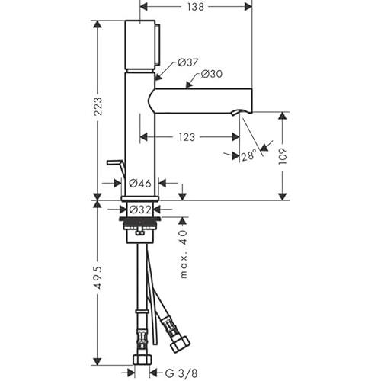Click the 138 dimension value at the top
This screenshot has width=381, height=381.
[196, 7]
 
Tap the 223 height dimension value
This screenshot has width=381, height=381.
[98, 107]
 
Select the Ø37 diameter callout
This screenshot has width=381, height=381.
[187, 62]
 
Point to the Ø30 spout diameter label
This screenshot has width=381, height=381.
[211, 74]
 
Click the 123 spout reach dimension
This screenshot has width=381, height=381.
[187, 137]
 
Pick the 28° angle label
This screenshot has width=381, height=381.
[248, 155]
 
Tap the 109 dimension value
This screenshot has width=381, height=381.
[283, 156]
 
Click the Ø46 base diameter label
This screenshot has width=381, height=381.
[140, 183]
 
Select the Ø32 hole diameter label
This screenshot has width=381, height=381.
[140, 210]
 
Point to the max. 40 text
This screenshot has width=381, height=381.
[184, 254]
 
